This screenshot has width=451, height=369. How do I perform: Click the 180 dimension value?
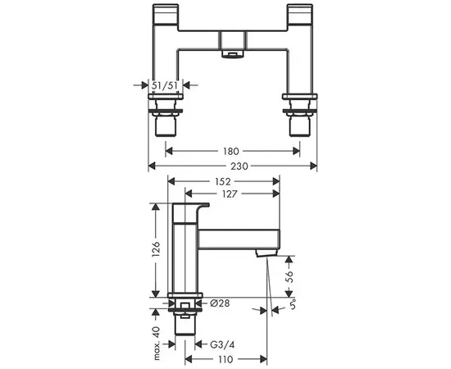pyautogui.click(x=231, y=151)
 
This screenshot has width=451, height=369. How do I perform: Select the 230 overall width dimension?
pyautogui.click(x=239, y=166)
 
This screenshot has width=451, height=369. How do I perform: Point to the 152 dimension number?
pyautogui.click(x=223, y=181)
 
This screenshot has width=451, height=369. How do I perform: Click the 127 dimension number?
pyautogui.click(x=230, y=194)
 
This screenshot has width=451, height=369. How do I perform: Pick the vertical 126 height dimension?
pyautogui.click(x=156, y=249)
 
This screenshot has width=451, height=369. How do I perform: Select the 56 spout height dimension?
pyautogui.click(x=289, y=276)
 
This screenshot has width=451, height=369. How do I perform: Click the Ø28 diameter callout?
pyautogui.click(x=220, y=303)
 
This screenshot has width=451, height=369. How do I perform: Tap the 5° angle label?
pyautogui.click(x=293, y=304)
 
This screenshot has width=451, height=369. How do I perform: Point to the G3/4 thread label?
pyautogui.click(x=222, y=344)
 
